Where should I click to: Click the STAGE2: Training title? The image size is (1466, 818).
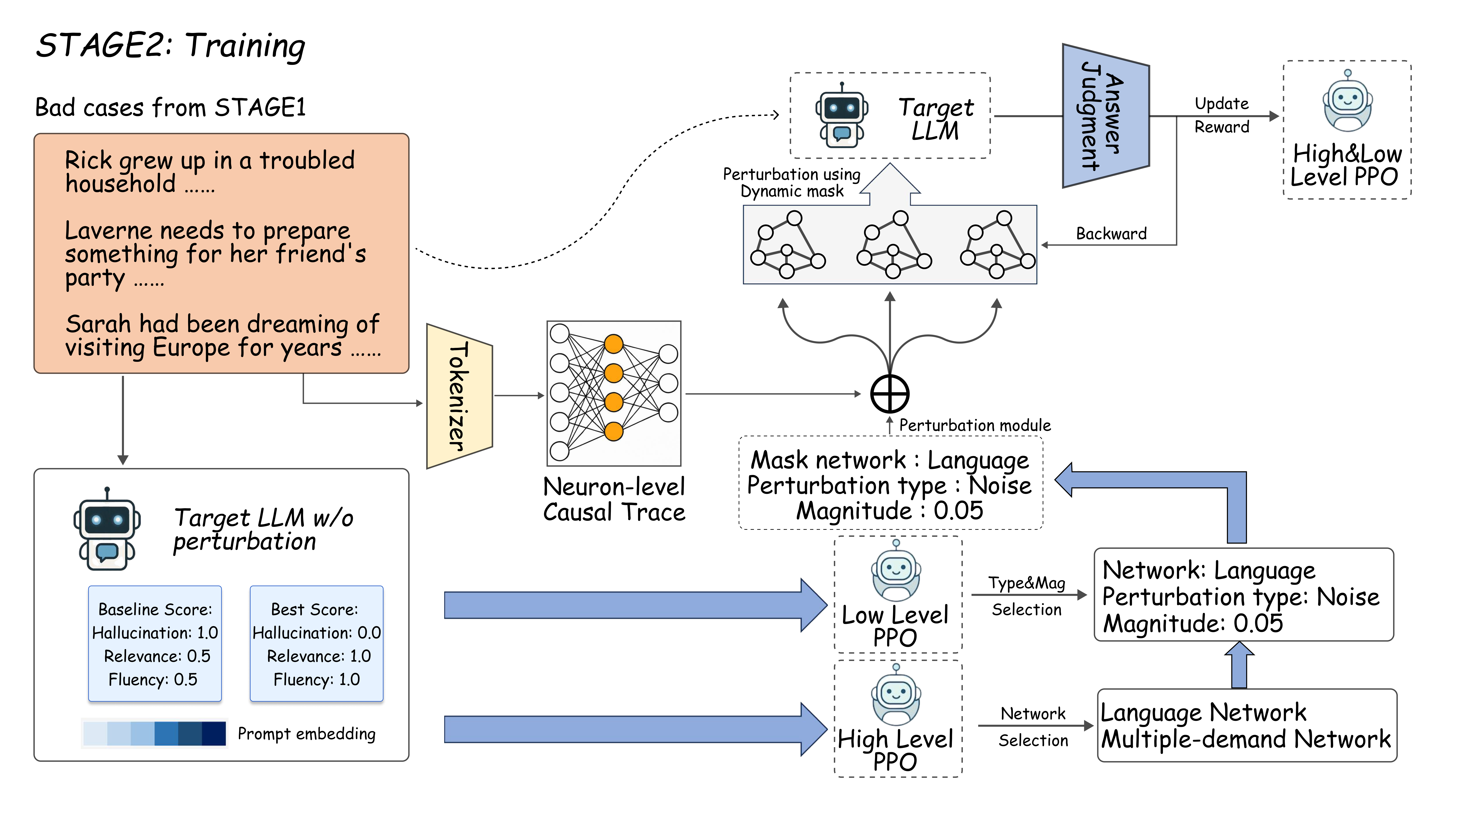(171, 46)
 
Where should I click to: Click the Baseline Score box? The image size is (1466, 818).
(155, 643)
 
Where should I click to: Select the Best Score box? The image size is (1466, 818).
(316, 643)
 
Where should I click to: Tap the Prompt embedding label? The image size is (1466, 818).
(306, 734)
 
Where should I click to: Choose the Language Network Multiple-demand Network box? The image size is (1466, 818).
(1246, 725)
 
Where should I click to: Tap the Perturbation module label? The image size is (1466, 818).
(974, 425)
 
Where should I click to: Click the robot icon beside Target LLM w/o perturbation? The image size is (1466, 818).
(107, 529)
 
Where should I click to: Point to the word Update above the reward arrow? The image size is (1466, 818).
(1221, 104)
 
